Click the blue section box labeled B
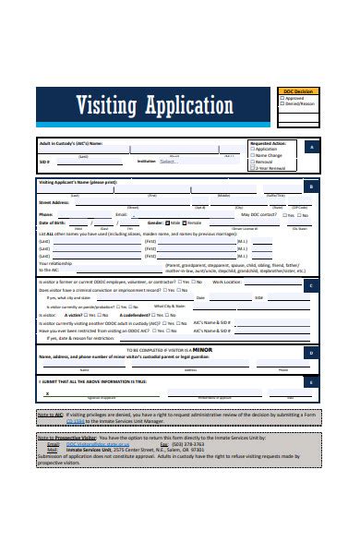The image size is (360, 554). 311,187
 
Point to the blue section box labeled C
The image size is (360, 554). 311,285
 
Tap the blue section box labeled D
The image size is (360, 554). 311,352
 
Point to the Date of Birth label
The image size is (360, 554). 53,223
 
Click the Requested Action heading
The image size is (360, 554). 270,142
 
